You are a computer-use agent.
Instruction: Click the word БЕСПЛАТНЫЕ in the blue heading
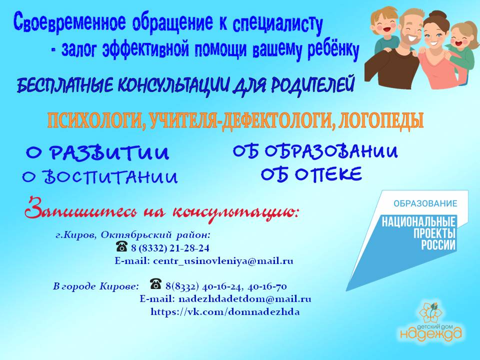pyautogui.click(x=65, y=85)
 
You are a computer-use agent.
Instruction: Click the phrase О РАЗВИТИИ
pyautogui.click(x=97, y=153)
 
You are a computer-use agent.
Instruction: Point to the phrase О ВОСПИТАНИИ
pyautogui.click(x=100, y=177)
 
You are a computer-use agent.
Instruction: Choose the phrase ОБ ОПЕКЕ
pyautogui.click(x=311, y=174)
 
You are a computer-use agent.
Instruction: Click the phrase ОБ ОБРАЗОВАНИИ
pyautogui.click(x=315, y=151)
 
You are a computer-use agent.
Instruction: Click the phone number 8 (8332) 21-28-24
pyautogui.click(x=170, y=248)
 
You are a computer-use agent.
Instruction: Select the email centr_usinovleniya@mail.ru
pyautogui.click(x=223, y=261)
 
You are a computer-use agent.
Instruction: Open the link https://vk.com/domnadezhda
pyautogui.click(x=225, y=312)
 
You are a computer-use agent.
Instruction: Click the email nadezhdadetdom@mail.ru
pyautogui.click(x=244, y=299)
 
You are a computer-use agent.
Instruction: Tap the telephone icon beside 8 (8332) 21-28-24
pyautogui.click(x=121, y=246)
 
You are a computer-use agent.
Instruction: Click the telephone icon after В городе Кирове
pyautogui.click(x=156, y=284)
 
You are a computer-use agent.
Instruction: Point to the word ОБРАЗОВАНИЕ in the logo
pyautogui.click(x=425, y=203)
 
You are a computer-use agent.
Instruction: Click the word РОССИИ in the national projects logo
pyautogui.click(x=438, y=245)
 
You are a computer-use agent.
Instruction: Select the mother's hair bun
pyautogui.click(x=432, y=16)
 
